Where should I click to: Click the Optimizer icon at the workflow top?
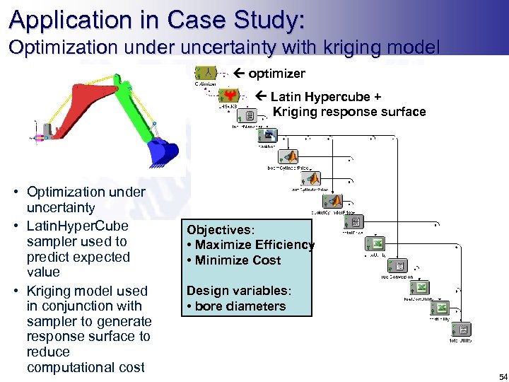click(x=206, y=73)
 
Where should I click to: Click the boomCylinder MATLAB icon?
click(x=290, y=157)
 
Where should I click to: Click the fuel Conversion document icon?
click(x=399, y=266)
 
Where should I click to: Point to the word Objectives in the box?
click(x=218, y=230)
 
